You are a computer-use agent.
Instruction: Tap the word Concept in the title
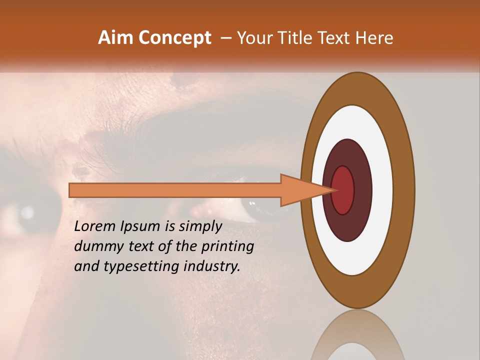coord(175,38)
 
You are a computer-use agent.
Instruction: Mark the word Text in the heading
coord(335,38)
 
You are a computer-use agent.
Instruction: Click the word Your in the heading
coord(253,38)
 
